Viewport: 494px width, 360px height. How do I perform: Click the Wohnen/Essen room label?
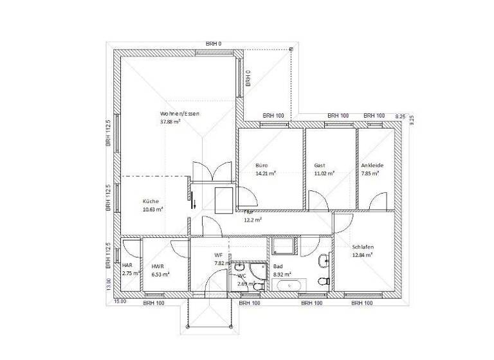(180, 114)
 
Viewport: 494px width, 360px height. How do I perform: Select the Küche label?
(151, 201)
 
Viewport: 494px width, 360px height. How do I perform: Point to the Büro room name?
(262, 165)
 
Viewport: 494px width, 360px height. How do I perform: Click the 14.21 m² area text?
(266, 173)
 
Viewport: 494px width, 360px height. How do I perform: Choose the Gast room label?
(320, 165)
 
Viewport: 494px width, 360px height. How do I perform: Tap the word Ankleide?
(372, 165)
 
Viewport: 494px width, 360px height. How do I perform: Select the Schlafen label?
(363, 247)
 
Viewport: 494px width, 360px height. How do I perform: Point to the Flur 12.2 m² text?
(252, 216)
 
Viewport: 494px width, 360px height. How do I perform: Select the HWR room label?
(158, 266)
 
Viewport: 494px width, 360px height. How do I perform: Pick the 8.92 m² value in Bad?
(282, 274)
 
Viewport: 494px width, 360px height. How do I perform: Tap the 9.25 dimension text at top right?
(399, 116)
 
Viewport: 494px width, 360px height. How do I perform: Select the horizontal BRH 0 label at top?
(214, 44)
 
